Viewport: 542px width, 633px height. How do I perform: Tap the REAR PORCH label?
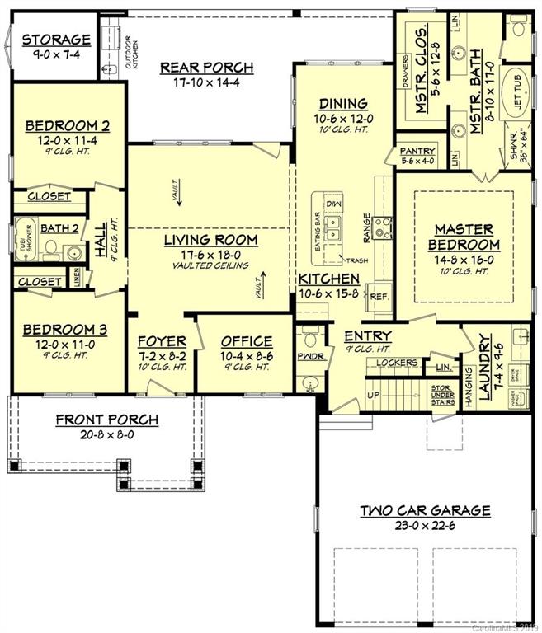coord(206,68)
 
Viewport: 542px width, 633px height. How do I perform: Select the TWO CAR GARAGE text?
coord(425,511)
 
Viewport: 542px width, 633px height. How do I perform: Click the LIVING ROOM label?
coord(210,240)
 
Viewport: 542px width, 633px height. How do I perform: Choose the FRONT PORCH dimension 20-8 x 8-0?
coord(107,434)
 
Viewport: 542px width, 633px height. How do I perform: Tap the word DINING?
coord(344,104)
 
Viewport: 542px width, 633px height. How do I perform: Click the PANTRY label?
coord(417,152)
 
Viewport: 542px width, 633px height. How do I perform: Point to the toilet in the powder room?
coord(310,337)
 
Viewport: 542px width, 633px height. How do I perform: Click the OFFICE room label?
coord(247,341)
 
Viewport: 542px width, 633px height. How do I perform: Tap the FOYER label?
coord(161,341)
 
